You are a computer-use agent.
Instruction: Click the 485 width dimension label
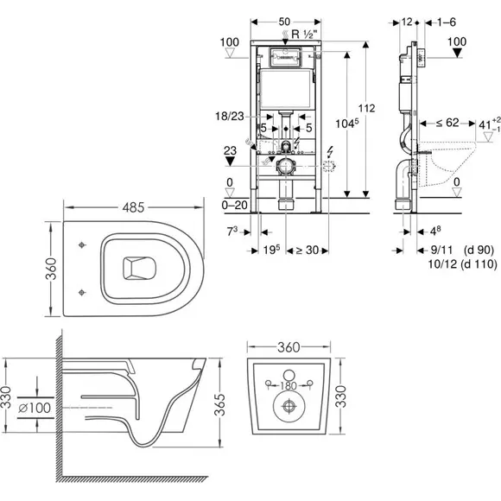point(133,207)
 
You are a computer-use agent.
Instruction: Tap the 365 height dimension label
point(219,404)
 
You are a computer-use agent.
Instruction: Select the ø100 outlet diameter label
point(35,408)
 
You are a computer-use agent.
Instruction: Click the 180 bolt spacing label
point(289,385)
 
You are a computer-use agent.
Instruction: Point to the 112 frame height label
point(366,108)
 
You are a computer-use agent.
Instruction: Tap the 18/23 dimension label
point(230,116)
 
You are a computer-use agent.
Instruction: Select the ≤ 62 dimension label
point(447,123)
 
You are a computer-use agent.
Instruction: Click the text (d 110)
point(479,264)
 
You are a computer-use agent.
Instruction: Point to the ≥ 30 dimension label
point(307,250)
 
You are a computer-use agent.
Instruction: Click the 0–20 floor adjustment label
point(235,205)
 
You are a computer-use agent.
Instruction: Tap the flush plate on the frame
point(286,57)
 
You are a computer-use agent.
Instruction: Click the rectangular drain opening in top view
point(139,268)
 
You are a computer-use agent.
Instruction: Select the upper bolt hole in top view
point(82,245)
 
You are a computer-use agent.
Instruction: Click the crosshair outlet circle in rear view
point(289,406)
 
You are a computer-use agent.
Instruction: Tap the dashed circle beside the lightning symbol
point(329,166)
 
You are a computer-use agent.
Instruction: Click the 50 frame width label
point(284,22)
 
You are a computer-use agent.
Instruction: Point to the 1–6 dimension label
point(446,22)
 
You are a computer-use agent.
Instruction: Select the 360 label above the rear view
point(289,347)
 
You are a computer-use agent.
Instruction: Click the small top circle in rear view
point(289,375)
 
